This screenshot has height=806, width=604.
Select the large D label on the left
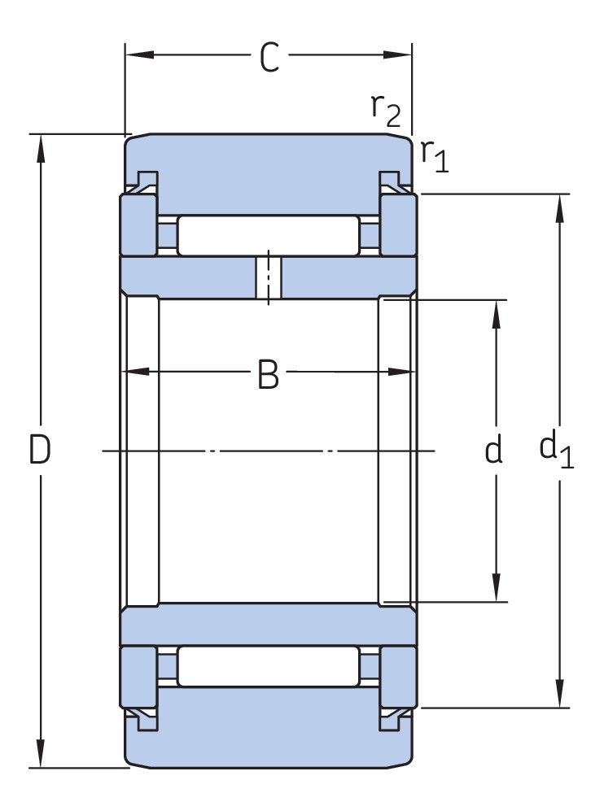coord(40,450)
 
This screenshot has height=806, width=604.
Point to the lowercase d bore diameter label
coord(494,450)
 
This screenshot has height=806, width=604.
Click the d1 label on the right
coord(557,450)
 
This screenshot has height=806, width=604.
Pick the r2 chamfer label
coord(386,109)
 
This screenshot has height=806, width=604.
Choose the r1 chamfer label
coord(435,154)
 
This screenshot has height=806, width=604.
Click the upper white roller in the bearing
coord(268,236)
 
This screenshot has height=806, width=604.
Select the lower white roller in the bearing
coord(268,665)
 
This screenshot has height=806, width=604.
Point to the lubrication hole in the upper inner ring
coord(268,278)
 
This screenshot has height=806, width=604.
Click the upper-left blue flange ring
coord(138,224)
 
